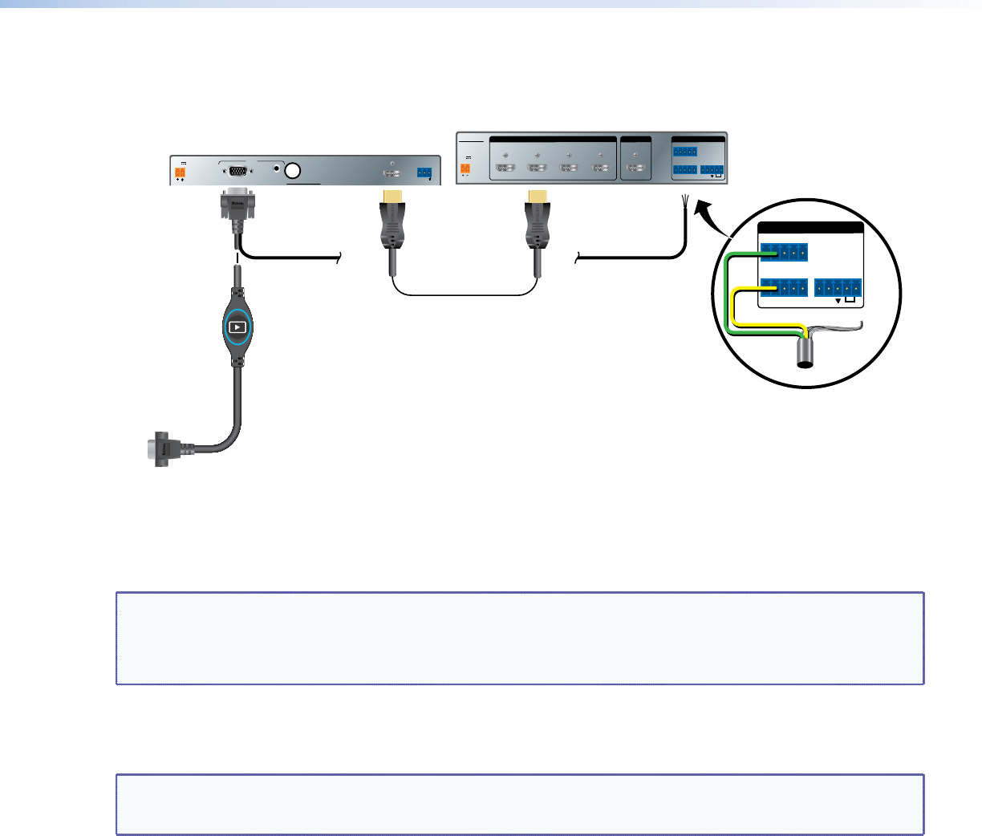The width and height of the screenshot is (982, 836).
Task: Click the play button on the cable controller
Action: tap(237, 327)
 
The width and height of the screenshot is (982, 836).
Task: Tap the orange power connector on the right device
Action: tap(465, 169)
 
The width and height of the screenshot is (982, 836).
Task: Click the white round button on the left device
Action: tap(293, 171)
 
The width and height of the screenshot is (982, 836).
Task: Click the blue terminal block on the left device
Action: tap(424, 172)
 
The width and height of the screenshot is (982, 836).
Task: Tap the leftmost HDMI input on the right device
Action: tap(505, 168)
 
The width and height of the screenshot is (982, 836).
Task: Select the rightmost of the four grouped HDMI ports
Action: tap(601, 168)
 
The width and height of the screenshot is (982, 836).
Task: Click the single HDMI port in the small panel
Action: tap(635, 168)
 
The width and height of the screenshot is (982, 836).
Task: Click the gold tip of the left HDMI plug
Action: tap(392, 196)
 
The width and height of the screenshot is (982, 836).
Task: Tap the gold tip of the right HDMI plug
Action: tap(536, 196)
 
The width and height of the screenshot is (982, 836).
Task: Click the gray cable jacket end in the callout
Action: tap(805, 353)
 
